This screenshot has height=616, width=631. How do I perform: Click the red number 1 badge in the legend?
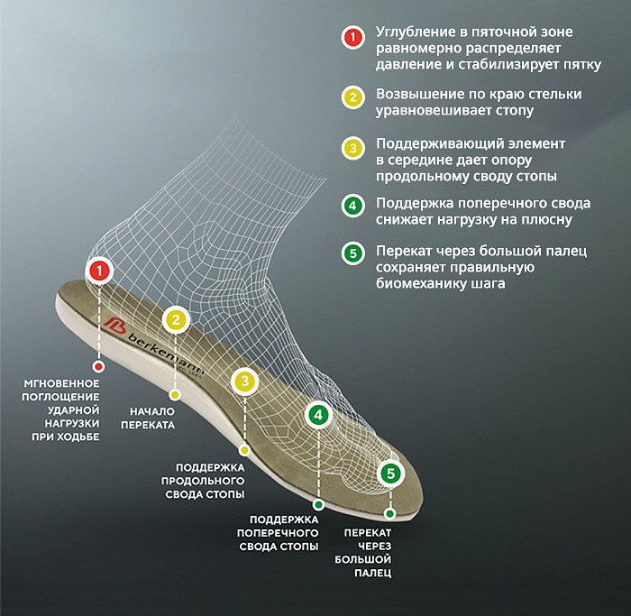point(353,37)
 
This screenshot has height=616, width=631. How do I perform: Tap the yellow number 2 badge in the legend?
point(353,97)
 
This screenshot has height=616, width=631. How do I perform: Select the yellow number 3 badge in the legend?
point(353,148)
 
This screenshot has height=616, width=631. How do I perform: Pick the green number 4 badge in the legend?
point(353,206)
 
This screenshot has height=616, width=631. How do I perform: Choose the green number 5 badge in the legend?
point(353,253)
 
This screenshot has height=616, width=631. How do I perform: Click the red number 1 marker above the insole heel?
point(99,271)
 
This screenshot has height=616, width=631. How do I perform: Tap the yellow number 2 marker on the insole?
point(176,319)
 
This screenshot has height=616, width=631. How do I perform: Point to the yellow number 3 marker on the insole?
point(244,381)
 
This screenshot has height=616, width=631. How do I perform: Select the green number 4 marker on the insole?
point(318,415)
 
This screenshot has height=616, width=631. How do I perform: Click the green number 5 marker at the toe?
point(390,473)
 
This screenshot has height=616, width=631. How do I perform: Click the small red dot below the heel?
point(98,366)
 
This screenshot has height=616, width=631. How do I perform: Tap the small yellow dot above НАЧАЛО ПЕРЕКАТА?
point(175,395)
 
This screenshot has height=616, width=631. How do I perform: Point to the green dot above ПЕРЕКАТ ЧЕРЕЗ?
point(389,514)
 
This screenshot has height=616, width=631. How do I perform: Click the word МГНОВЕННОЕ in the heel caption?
point(61,383)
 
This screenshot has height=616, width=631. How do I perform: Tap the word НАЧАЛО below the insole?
point(152,411)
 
